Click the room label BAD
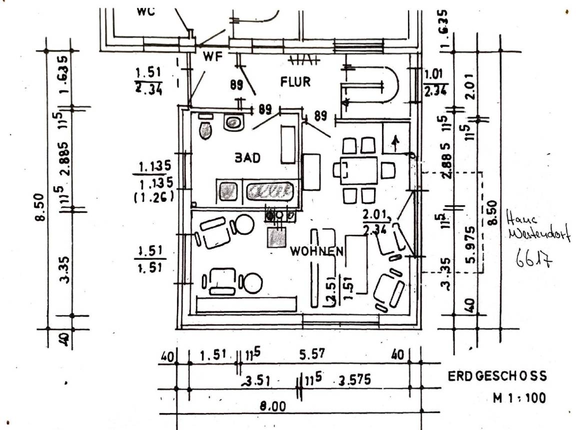[x=248, y=158]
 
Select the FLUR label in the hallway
[x=295, y=82]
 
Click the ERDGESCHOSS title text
[x=497, y=376]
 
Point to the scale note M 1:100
[x=519, y=398]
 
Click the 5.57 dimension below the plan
[x=311, y=354]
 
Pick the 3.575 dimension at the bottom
[x=354, y=380]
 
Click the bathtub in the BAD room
[x=268, y=191]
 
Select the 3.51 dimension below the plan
[x=257, y=381]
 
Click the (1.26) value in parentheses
[x=153, y=197]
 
